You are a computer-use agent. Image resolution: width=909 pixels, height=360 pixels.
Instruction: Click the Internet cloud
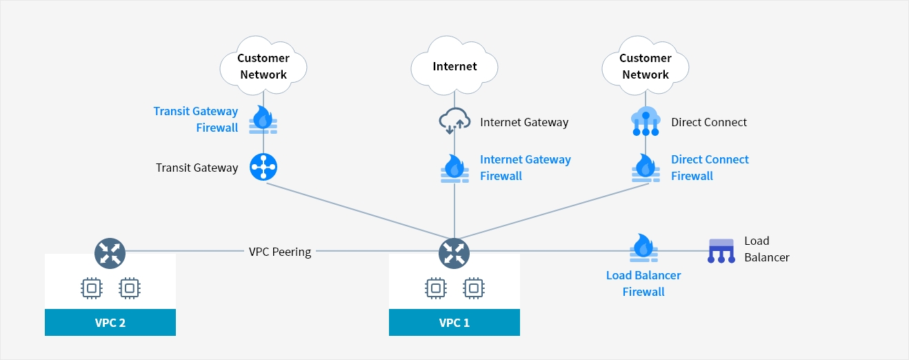click(454, 66)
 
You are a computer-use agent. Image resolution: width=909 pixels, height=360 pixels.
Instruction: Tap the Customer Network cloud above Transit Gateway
click(263, 66)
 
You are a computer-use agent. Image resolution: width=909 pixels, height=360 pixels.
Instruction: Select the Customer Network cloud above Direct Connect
click(646, 66)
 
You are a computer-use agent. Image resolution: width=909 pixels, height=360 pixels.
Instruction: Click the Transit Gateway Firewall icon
click(263, 119)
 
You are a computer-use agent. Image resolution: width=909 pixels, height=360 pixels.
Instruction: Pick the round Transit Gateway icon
click(263, 167)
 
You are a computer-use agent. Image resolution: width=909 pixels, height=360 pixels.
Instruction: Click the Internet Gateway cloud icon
click(454, 122)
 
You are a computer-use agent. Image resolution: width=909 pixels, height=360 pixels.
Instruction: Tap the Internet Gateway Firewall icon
click(454, 168)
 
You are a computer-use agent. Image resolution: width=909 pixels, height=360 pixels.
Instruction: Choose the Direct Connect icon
click(646, 121)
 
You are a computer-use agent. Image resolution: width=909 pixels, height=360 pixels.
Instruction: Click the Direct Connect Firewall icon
click(646, 168)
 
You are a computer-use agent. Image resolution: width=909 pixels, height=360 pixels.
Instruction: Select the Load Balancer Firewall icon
click(643, 248)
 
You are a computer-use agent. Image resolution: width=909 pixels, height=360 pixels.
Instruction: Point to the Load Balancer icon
click(721, 250)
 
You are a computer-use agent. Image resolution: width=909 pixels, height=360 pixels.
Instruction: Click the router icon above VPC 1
click(454, 252)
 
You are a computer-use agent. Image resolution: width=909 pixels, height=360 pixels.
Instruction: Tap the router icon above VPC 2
click(110, 252)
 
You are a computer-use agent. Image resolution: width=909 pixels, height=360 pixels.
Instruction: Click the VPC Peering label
click(280, 252)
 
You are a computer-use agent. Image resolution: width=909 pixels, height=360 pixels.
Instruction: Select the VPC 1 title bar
click(454, 322)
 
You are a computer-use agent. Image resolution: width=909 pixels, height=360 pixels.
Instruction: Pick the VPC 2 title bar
click(110, 322)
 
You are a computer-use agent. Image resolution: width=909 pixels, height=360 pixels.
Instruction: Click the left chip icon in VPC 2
click(91, 288)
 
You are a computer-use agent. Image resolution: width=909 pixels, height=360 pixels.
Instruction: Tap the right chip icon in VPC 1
click(473, 288)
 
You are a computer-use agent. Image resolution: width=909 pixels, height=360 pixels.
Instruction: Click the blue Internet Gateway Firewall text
click(526, 168)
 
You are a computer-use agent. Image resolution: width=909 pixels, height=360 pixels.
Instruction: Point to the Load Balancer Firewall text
click(643, 283)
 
